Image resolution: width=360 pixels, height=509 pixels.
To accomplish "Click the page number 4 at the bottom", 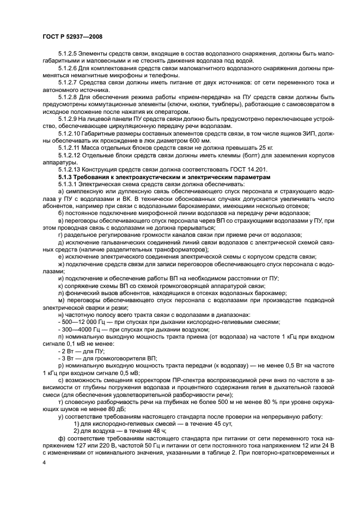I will point(44,462).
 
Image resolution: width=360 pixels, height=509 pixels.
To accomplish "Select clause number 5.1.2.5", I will point(69,54).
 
